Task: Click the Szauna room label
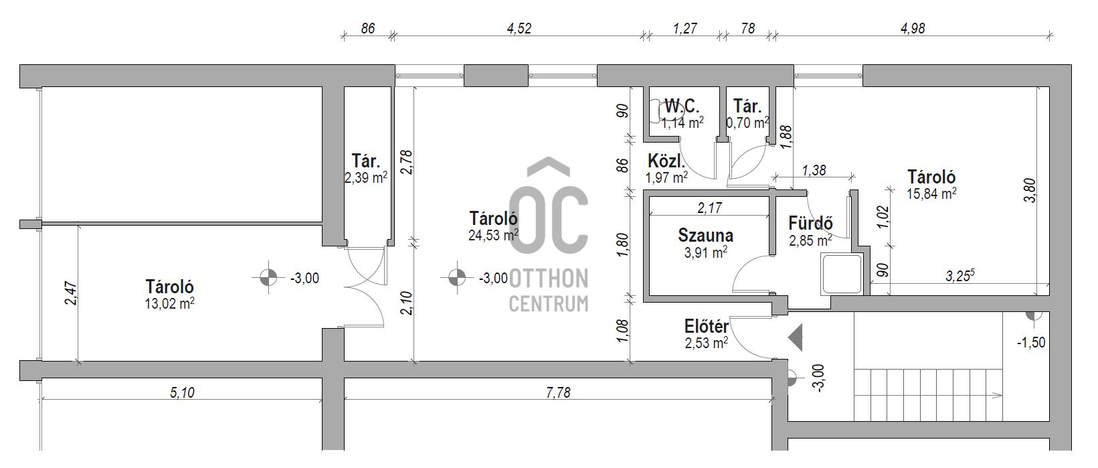705,236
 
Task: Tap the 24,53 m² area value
493,236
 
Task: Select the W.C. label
682,106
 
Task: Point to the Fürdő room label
810,223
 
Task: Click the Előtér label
707,326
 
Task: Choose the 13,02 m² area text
169,304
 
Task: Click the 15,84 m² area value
931,193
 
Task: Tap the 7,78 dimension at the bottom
558,392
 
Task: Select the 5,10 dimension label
182,392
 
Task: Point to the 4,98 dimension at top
912,28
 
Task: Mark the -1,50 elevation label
1031,342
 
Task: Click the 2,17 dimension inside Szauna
709,208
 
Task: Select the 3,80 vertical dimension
1031,190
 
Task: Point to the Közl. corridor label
666,161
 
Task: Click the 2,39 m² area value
366,177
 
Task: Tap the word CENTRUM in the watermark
549,304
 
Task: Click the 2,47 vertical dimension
72,293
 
